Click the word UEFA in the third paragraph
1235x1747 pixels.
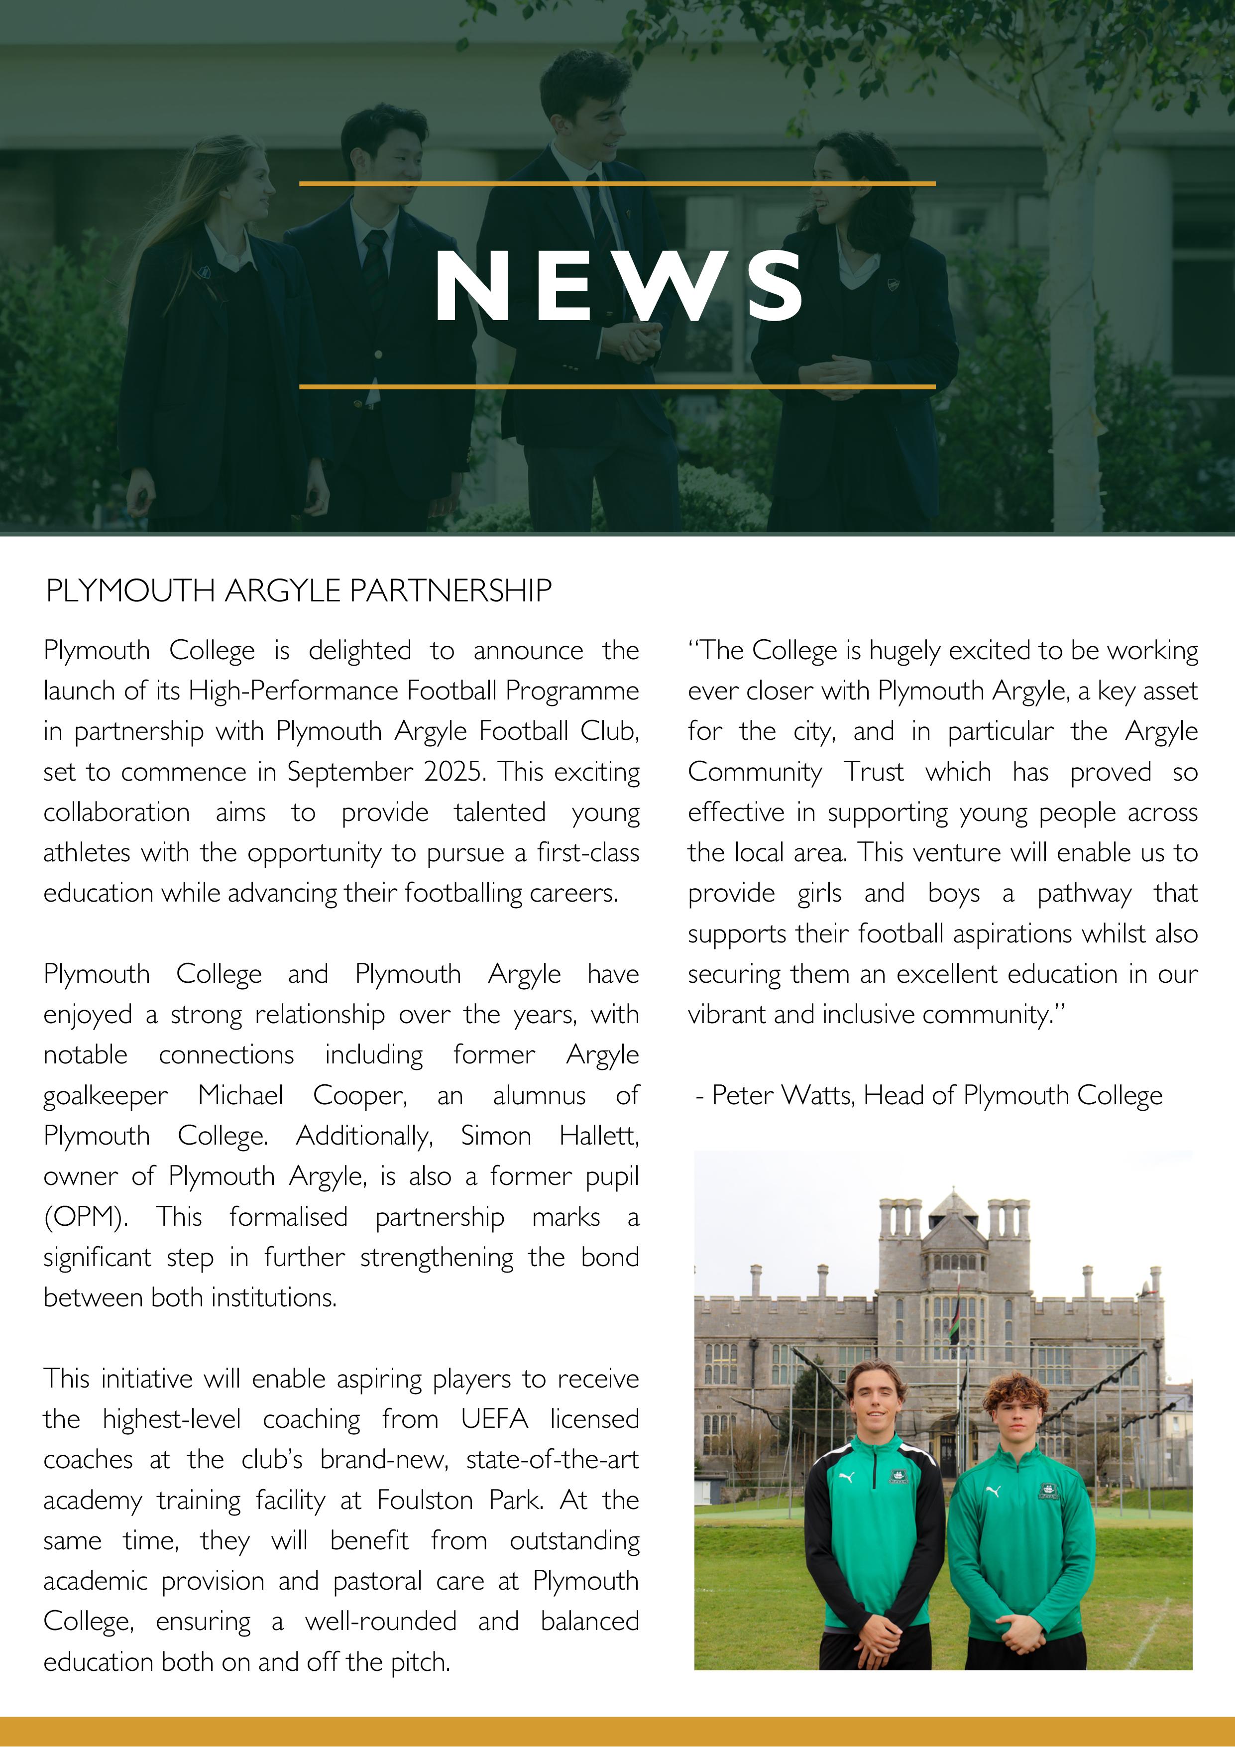coord(494,1419)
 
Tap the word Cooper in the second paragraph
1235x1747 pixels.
coord(359,1095)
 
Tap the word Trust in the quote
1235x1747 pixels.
coord(874,772)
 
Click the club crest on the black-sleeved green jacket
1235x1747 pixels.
coord(898,1477)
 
